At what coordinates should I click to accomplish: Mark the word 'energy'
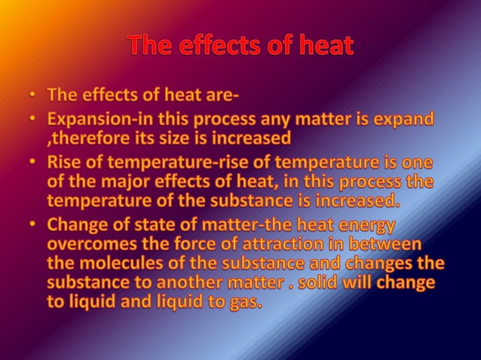363,226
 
